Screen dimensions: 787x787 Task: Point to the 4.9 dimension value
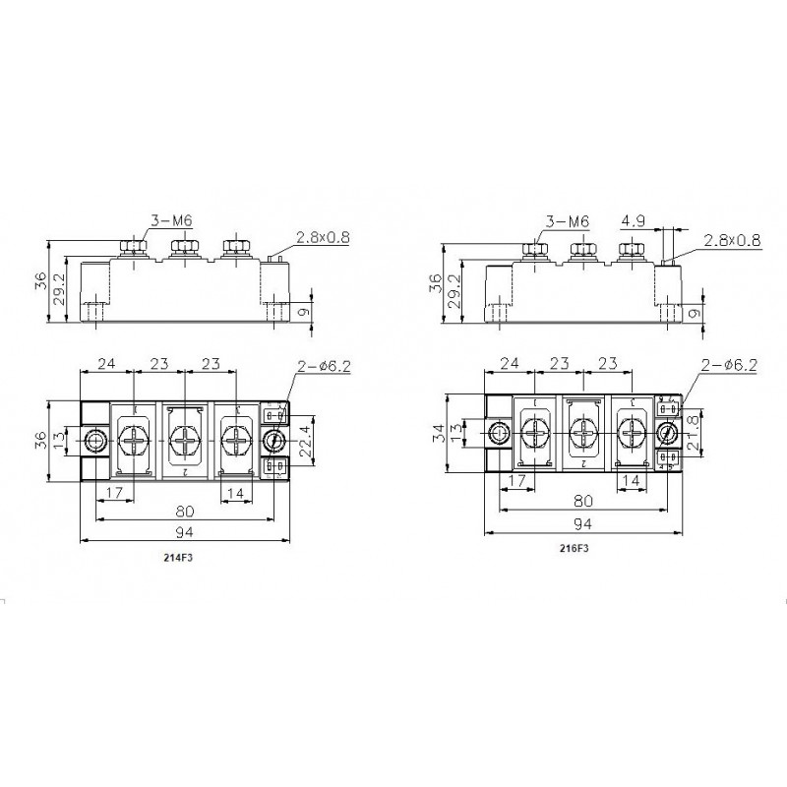(x=633, y=221)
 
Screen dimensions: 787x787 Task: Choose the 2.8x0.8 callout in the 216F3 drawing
(x=732, y=239)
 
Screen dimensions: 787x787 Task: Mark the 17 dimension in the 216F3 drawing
(x=516, y=482)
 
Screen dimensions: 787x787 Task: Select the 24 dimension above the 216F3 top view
(x=508, y=363)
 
